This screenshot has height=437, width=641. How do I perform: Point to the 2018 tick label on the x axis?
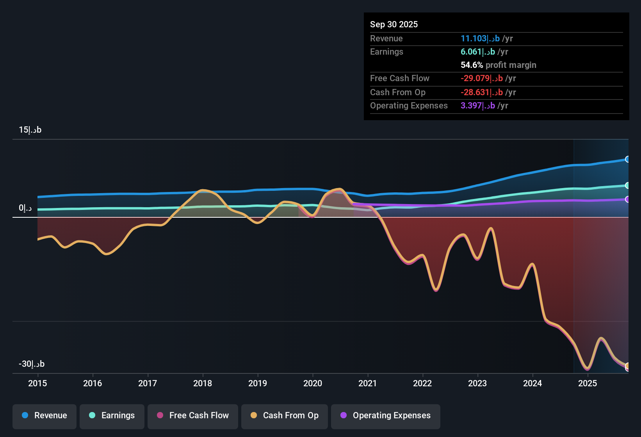(203, 383)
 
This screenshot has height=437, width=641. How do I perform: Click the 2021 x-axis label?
(368, 383)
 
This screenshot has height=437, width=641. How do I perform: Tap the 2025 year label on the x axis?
(588, 383)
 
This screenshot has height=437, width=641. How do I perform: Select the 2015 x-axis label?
(37, 383)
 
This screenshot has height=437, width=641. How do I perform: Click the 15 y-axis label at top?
(30, 130)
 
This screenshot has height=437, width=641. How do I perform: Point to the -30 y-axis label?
(32, 364)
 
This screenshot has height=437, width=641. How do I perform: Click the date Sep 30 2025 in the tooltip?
(394, 24)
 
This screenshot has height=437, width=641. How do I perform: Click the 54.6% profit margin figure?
(472, 65)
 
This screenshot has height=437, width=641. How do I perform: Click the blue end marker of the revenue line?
(627, 159)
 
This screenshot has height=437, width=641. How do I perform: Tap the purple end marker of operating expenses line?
(627, 199)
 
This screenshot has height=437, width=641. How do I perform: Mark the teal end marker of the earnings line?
(627, 186)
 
